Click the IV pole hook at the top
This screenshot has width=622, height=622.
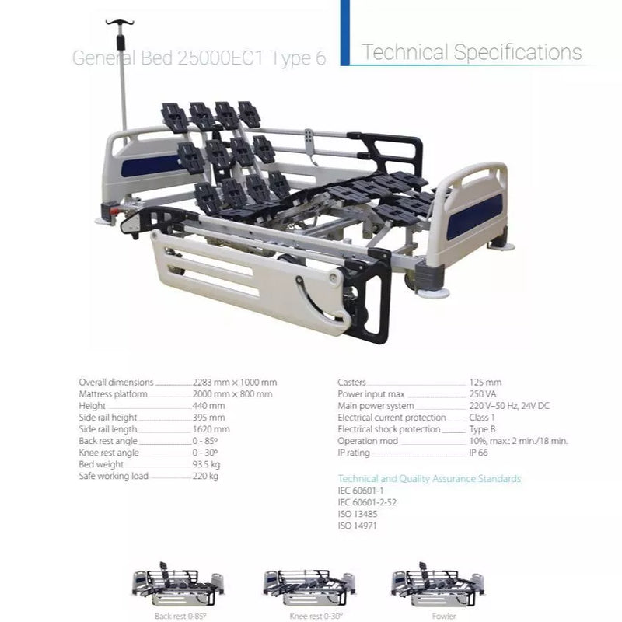coord(120,23)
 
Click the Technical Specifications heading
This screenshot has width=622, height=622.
coord(472,52)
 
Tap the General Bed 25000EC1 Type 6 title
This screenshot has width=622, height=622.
coord(199,58)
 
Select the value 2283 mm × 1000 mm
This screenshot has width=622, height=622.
coord(235,383)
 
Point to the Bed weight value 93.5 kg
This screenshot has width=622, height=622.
coord(206,464)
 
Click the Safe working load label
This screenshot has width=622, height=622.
coord(114,476)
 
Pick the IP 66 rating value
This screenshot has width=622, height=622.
coord(478,453)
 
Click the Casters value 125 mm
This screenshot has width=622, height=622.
coord(485,383)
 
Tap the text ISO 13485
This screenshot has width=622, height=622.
coord(358,514)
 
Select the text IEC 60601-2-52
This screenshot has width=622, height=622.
coord(367,502)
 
